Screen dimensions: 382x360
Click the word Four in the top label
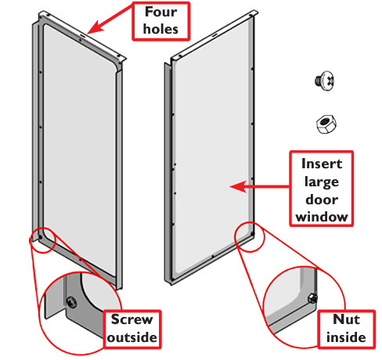[x=161, y=12]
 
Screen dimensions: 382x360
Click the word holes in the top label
[x=160, y=29]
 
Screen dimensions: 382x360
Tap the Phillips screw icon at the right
[x=325, y=81]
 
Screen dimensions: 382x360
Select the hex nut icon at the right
[x=326, y=124]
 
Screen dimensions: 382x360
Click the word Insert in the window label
[x=322, y=164]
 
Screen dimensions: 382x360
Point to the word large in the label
[x=322, y=182]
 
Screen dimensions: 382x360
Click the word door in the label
[x=322, y=200]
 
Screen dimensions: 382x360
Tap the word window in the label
[x=322, y=217]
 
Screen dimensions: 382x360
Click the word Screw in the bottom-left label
[x=132, y=319]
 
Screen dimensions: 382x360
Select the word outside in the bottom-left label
[x=132, y=337]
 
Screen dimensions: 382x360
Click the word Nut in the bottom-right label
[x=347, y=319]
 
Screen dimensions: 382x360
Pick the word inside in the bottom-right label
[x=346, y=337]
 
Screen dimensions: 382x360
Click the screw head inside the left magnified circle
[x=71, y=302]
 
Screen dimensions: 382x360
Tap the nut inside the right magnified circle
[x=312, y=298]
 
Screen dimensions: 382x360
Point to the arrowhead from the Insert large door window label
[x=238, y=186]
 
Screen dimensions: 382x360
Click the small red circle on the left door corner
[x=42, y=240]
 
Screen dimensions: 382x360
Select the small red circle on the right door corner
[x=249, y=237]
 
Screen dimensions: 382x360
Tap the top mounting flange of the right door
[x=214, y=34]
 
